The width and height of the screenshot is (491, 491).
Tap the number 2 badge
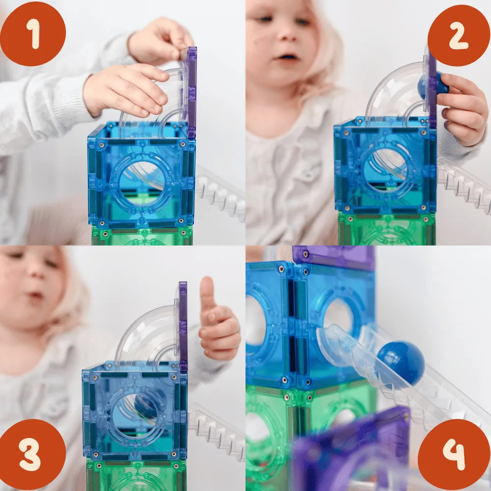pos(459,35)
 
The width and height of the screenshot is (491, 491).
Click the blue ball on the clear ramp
pos(401,363)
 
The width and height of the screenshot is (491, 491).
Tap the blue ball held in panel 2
pos(434,84)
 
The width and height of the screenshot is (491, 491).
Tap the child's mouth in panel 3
pos(35,295)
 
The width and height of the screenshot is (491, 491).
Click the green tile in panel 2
pos(387,229)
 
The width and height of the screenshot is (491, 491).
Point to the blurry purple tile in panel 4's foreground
pos(351,451)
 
